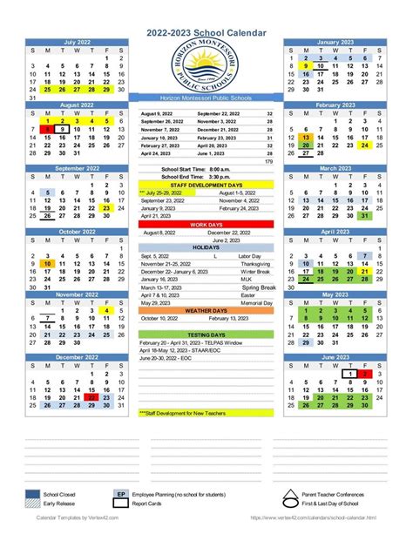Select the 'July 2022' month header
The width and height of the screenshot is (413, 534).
pos(77,42)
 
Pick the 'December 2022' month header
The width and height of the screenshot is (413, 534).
pos(77,358)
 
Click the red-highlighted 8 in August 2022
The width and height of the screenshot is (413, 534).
pos(47,128)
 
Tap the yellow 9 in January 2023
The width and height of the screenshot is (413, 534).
pos(305,65)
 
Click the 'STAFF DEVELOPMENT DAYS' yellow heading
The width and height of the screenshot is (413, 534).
pos(206,184)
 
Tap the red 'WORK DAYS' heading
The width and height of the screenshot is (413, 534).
pos(206,224)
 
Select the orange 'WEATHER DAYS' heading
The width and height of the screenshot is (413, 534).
pos(206,311)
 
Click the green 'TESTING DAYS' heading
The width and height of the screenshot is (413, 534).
pos(206,335)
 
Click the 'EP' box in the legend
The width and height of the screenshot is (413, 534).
pos(122,495)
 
